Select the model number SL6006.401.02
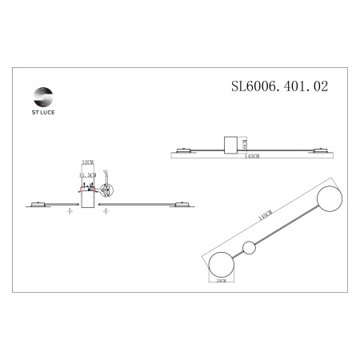(279, 82)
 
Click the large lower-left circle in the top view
(221, 263)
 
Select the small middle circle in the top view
(249, 247)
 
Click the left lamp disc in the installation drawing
(38, 203)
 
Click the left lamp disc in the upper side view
(183, 148)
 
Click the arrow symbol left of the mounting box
(70, 212)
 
